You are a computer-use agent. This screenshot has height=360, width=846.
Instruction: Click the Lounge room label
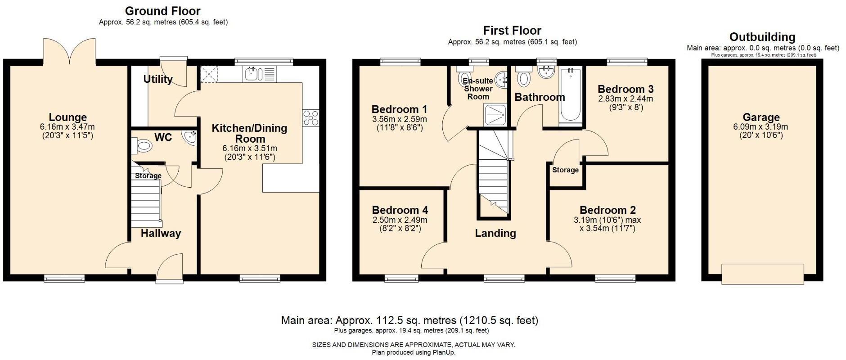(x=67, y=118)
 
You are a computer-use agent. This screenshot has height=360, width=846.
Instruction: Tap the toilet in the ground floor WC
(x=142, y=145)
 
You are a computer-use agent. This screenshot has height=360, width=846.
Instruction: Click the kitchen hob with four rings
(x=310, y=118)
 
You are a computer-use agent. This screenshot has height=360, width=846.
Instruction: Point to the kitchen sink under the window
(x=259, y=74)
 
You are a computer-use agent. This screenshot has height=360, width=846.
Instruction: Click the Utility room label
(x=158, y=79)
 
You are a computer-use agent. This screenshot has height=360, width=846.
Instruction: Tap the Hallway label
(x=161, y=233)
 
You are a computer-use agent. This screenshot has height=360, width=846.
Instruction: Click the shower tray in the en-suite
(x=495, y=115)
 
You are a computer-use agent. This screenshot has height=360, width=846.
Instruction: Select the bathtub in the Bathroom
(x=570, y=95)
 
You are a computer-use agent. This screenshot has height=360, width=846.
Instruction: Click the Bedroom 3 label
(x=625, y=89)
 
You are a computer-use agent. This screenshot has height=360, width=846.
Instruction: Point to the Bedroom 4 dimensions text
(x=400, y=224)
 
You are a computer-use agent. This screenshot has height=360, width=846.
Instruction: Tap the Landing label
(x=495, y=233)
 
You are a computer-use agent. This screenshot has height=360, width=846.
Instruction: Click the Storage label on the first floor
(x=565, y=170)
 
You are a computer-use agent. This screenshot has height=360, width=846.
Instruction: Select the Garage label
(x=761, y=117)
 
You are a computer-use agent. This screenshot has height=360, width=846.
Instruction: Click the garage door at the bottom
(x=763, y=274)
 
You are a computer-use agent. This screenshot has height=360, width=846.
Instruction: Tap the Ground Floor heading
(x=162, y=11)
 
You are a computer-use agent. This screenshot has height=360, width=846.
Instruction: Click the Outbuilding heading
(x=762, y=37)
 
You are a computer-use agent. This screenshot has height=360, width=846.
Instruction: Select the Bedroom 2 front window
(x=615, y=279)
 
